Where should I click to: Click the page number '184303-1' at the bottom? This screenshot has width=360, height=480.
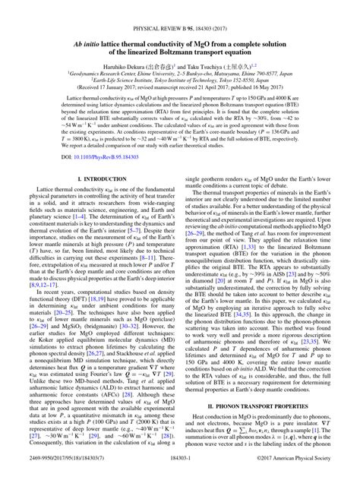[x=180, y=471]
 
